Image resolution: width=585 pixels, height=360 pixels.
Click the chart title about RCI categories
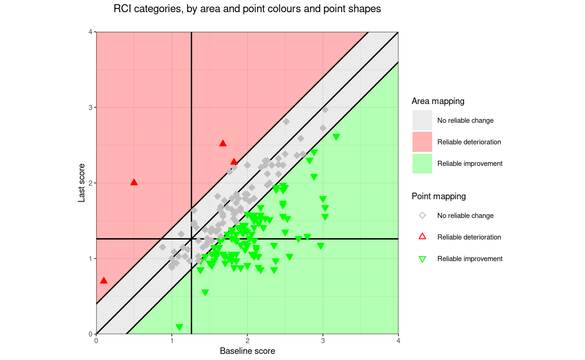pos(247,9)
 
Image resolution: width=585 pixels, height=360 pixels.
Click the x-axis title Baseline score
pos(247,351)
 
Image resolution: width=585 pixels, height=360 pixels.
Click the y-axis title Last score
pos(82,183)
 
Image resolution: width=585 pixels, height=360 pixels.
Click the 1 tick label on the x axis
pos(172,341)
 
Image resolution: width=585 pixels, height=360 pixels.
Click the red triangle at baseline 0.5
pos(134,182)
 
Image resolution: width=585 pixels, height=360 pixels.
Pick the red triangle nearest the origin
pos(104,281)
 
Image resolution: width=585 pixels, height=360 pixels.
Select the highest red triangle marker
pos(223,143)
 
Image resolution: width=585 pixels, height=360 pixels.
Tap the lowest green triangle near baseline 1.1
pos(179,327)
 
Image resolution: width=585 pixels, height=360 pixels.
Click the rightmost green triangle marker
pos(336,137)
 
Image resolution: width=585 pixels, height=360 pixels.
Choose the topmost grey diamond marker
pos(325,110)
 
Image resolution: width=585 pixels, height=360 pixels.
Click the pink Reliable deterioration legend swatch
pos(422,142)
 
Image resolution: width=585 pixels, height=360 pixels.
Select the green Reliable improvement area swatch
pos(422,164)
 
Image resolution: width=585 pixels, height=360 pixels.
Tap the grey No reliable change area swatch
pos(422,120)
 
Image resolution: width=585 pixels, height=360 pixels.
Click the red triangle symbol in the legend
pos(422,237)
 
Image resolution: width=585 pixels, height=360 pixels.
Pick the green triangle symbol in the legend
pos(422,259)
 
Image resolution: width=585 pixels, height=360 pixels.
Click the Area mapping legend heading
pos(438,101)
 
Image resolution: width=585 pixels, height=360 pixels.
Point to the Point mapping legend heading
pos(438,196)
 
